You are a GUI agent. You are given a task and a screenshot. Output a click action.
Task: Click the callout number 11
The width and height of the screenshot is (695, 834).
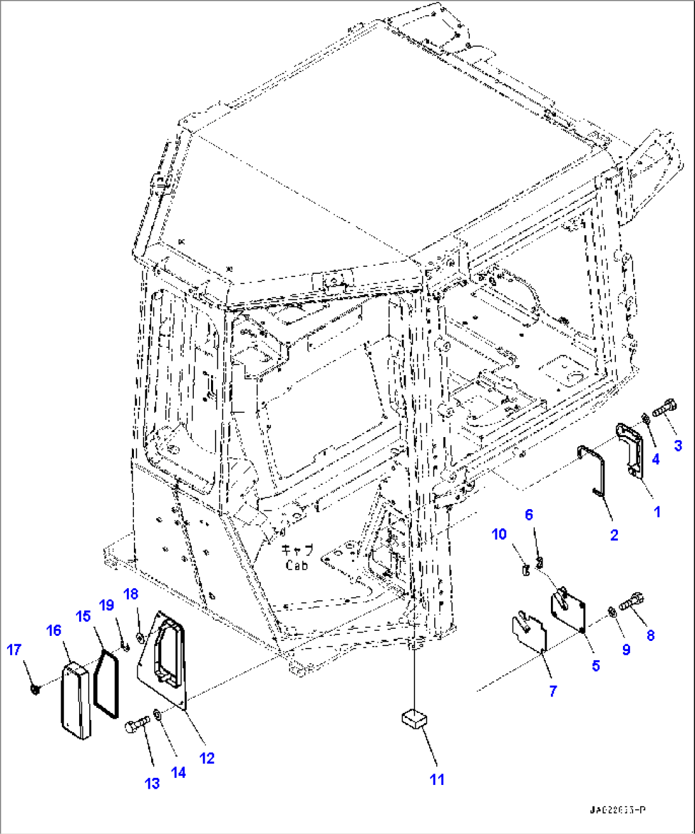[437, 779]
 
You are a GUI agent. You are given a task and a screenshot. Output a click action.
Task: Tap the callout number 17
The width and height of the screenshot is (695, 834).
[14, 650]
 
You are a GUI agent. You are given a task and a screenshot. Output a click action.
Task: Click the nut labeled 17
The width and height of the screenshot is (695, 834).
[35, 689]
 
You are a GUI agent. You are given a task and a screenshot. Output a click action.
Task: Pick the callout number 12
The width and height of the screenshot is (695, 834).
[207, 758]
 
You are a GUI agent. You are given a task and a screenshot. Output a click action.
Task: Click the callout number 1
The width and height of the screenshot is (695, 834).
[657, 511]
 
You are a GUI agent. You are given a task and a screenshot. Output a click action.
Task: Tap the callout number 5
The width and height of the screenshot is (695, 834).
[596, 665]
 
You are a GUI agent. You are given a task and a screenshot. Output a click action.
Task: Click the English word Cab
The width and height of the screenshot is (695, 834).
[296, 565]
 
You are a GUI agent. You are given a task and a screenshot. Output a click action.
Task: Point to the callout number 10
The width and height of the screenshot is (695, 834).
[499, 534]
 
